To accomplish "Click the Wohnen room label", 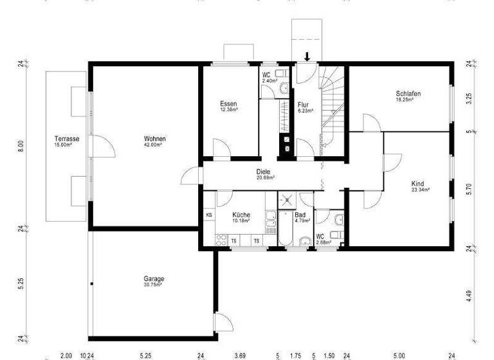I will (154, 139).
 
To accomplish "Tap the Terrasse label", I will (66, 139).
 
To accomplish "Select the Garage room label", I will (154, 279).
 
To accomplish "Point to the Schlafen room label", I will (408, 94).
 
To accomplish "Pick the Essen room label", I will (228, 104).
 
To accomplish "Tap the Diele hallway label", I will (264, 172).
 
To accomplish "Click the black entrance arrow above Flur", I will (307, 58).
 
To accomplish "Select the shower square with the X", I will (287, 201).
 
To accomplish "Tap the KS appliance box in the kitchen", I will (209, 215).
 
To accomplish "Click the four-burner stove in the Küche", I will (221, 240).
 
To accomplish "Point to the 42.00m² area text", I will (154, 145).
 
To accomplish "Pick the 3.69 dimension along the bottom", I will (239, 355).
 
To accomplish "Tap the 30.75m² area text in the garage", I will (154, 285).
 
